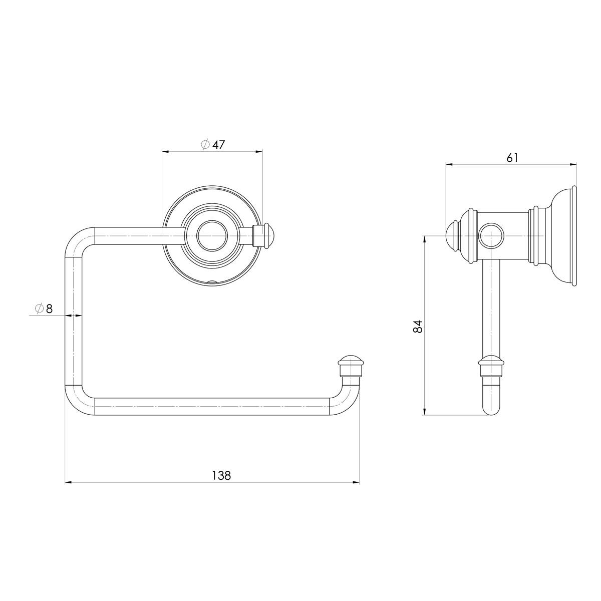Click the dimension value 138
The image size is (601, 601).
tap(221, 475)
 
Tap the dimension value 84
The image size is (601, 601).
tap(418, 326)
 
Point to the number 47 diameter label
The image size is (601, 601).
tap(218, 145)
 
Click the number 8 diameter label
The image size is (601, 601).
tap(49, 309)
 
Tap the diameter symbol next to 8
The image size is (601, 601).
tap(39, 309)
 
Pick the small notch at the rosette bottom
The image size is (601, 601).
tap(212, 281)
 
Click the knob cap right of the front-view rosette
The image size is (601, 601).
tap(269, 236)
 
